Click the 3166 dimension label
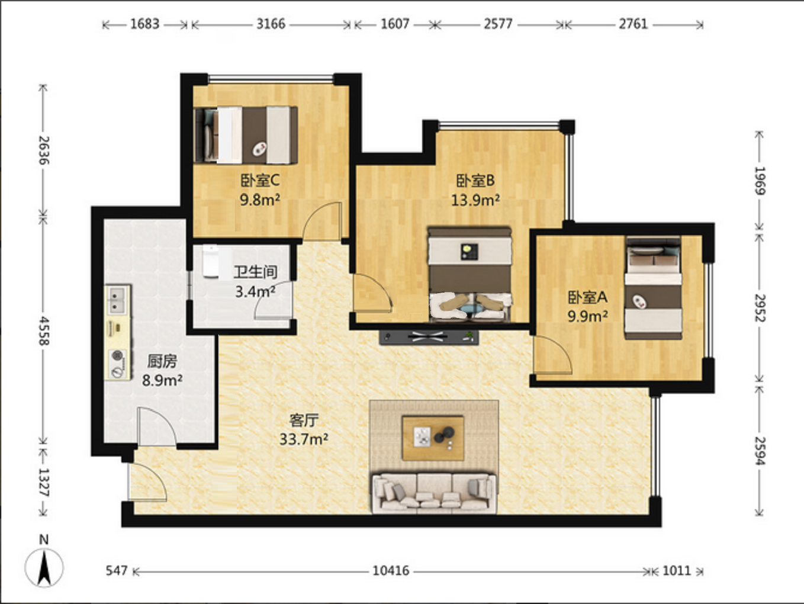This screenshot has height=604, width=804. tap(271, 24)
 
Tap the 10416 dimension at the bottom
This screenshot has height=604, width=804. tap(391, 571)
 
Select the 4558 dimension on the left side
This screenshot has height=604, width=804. tap(44, 331)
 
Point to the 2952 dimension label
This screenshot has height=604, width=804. tap(760, 308)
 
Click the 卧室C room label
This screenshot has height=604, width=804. tap(260, 180)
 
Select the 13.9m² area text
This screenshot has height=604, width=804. tap(475, 200)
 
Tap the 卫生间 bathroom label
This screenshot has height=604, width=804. tap(256, 272)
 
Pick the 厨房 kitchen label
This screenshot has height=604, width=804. tap(162, 361)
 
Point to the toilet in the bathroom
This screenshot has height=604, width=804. tap(211, 262)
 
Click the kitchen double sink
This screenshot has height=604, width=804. tap(117, 300)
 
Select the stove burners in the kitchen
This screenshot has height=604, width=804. tap(118, 364)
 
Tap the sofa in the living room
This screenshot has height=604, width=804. tap(434, 493)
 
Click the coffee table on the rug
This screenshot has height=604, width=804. tap(433, 438)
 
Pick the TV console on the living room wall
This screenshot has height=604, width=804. tap(429, 337)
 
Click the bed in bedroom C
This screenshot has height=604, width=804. tap(246, 135)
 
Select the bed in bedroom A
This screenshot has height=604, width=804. tap(654, 288)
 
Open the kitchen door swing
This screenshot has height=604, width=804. tap(157, 427)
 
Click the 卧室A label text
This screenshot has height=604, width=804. tap(587, 297)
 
